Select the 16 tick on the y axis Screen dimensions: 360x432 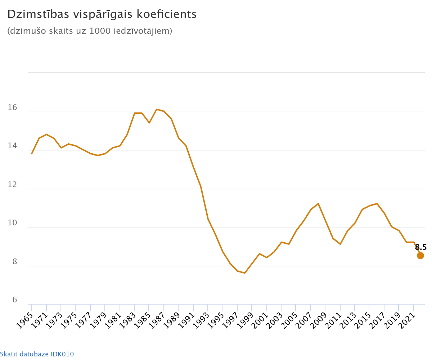[x=12, y=108]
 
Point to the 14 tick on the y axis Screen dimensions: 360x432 [x=12, y=146]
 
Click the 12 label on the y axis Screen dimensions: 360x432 [x=12, y=185]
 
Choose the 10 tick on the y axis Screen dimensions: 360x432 [x=12, y=223]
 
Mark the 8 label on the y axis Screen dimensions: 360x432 [x=15, y=262]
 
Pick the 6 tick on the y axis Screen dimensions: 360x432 [x=15, y=300]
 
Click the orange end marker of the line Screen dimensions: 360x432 [x=420, y=256]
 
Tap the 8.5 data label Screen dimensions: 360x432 [x=420, y=247]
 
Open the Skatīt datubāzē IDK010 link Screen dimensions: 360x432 [x=37, y=354]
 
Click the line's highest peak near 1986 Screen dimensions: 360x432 [x=157, y=109]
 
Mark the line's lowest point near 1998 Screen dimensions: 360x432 [x=245, y=273]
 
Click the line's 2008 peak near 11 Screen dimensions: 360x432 [x=318, y=204]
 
